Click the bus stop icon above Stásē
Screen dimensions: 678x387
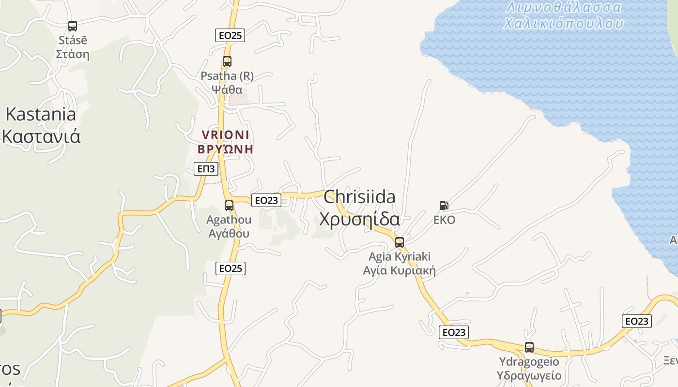click(73, 26)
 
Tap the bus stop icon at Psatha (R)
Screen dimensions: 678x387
click(227, 61)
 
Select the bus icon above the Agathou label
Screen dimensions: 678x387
click(229, 205)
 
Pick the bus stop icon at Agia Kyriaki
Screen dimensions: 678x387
click(400, 242)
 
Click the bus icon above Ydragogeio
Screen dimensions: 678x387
click(529, 347)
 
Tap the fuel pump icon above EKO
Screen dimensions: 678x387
click(444, 206)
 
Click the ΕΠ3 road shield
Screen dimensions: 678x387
click(206, 169)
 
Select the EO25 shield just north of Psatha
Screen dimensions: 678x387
click(230, 35)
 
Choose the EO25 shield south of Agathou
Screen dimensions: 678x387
click(231, 268)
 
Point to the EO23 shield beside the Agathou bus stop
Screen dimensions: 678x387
click(266, 200)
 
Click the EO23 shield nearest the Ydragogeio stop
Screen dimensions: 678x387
click(454, 332)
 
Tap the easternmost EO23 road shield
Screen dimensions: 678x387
click(637, 321)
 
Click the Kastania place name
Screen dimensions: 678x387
click(41, 115)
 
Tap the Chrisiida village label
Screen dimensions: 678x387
click(359, 197)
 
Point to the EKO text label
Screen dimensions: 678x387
click(444, 220)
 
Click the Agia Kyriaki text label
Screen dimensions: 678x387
click(400, 256)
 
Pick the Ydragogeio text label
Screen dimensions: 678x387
click(529, 362)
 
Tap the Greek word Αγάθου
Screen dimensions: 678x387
click(229, 234)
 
